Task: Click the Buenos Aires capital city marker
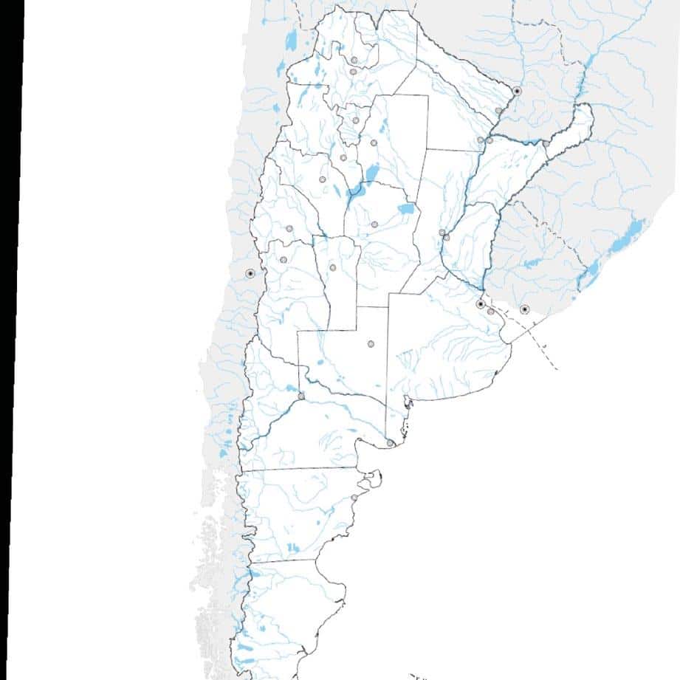(480, 304)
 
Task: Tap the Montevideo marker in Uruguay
(524, 309)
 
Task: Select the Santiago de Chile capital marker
(250, 273)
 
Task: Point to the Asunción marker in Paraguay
(517, 91)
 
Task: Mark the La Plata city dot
(491, 312)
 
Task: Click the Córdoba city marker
(374, 224)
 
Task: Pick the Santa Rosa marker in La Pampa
(371, 343)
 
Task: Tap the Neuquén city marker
(301, 396)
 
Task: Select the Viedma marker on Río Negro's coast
(390, 443)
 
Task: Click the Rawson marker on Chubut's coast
(354, 498)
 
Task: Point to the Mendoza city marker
(283, 259)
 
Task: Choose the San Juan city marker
(289, 228)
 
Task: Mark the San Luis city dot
(332, 267)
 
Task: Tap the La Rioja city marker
(322, 179)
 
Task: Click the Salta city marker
(353, 72)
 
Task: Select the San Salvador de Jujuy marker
(354, 59)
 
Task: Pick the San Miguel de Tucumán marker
(356, 120)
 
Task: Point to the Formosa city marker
(499, 111)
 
